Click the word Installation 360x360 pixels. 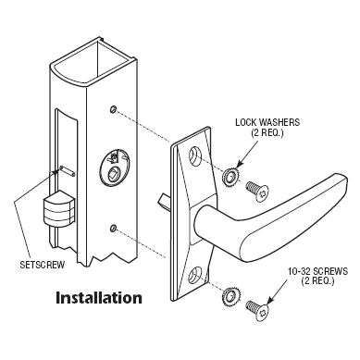point(99,299)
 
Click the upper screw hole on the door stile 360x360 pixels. point(113,110)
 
